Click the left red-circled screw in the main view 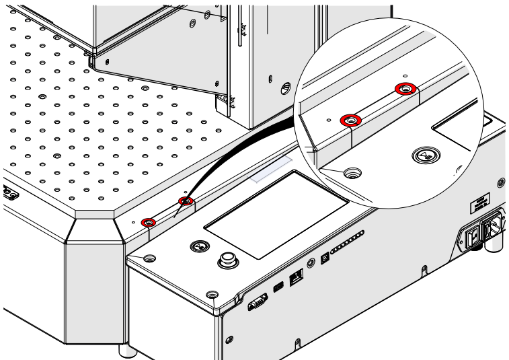[x=149, y=221]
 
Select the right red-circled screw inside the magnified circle [x=405, y=88]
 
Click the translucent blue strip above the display [x=269, y=170]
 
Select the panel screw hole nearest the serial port [x=212, y=295]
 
